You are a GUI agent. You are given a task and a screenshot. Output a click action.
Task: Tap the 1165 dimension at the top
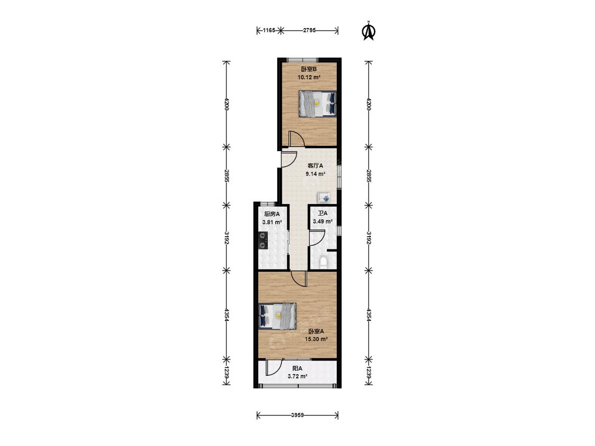(269, 31)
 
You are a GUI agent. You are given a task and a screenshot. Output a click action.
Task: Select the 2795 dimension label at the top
(309, 31)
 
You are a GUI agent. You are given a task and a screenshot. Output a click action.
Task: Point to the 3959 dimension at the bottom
(297, 415)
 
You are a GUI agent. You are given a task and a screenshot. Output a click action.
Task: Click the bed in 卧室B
(317, 104)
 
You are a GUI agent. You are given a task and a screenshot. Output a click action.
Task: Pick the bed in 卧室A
(277, 316)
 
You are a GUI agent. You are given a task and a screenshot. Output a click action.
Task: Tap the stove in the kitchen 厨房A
(263, 241)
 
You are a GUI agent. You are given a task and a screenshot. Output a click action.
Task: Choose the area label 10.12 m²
(309, 77)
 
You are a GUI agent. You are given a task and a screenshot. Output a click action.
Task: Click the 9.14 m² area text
(315, 173)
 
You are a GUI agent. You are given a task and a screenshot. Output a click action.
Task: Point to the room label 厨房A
(272, 214)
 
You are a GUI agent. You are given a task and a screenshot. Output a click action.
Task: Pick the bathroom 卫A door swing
(316, 237)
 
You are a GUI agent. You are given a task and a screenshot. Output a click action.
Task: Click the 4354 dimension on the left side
(226, 316)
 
